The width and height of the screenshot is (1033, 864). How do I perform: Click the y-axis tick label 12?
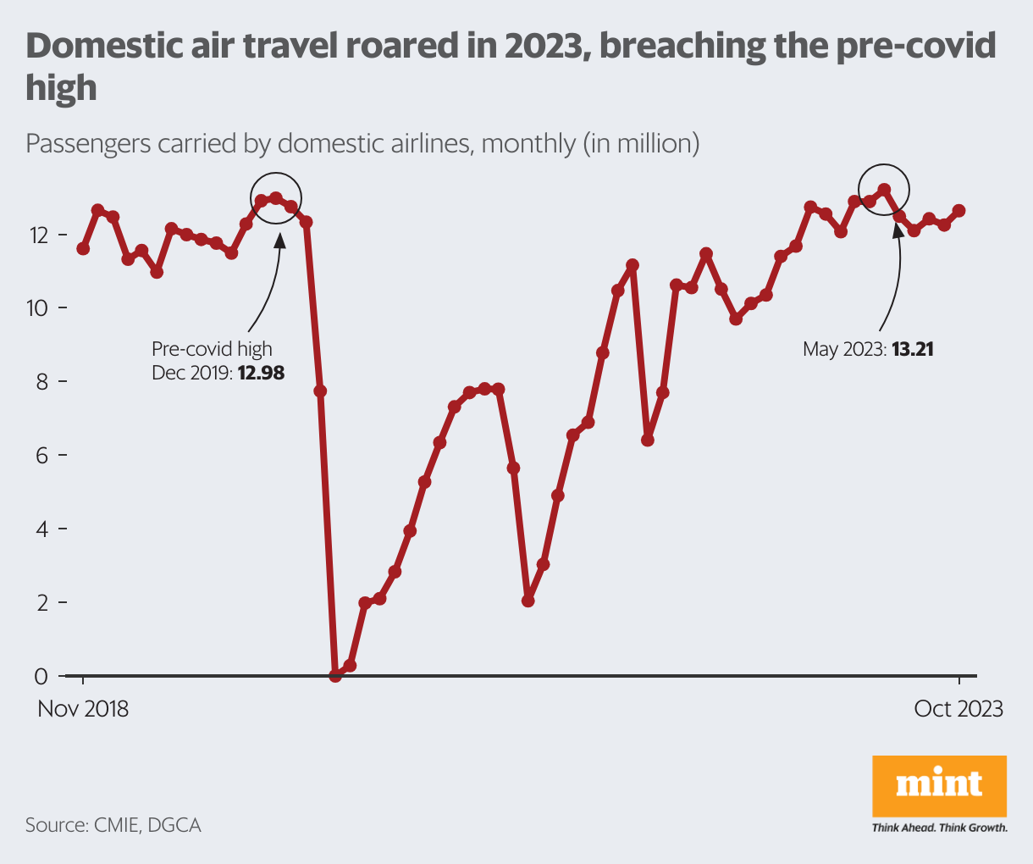[x=38, y=234]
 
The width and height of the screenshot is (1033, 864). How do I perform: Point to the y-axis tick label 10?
[x=38, y=307]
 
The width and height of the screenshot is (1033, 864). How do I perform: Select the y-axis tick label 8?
[x=41, y=381]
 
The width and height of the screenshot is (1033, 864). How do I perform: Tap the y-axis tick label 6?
[x=41, y=455]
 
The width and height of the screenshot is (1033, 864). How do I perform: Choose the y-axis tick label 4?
[x=41, y=529]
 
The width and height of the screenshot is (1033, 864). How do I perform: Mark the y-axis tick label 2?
[x=41, y=602]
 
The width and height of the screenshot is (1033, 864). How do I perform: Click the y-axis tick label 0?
[x=41, y=676]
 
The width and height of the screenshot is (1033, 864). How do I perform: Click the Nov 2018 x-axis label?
[x=83, y=708]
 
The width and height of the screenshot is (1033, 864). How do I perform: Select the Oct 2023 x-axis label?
[x=958, y=708]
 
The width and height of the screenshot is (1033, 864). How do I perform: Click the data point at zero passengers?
[x=335, y=675]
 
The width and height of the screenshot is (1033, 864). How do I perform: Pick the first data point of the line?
[x=83, y=248]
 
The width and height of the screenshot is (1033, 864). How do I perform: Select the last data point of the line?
[x=958, y=210]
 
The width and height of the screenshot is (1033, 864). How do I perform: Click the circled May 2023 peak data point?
[x=884, y=190]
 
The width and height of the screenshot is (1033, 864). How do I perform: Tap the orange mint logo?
[x=939, y=785]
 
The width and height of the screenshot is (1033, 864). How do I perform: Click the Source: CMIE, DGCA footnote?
[x=113, y=824]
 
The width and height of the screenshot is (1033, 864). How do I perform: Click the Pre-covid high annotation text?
[x=212, y=349]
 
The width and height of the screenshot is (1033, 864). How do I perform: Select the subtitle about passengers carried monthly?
[x=362, y=143]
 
